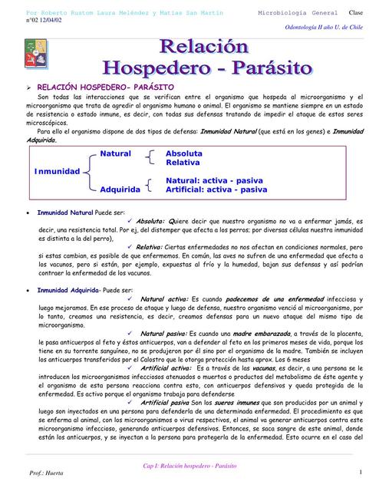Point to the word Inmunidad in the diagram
(x=57, y=170)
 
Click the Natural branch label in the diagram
(x=116, y=154)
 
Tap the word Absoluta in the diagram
(x=184, y=154)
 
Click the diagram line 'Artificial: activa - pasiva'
(x=216, y=189)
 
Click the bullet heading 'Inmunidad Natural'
(x=65, y=213)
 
